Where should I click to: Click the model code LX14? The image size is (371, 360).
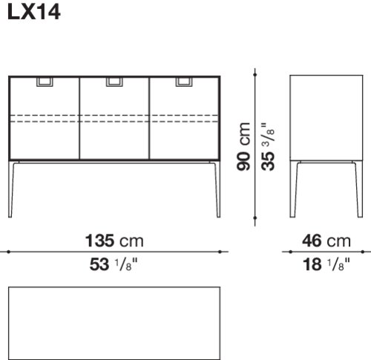[x=34, y=13]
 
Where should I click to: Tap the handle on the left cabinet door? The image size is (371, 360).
[x=45, y=82]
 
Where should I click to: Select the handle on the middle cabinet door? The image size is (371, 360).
[x=114, y=82]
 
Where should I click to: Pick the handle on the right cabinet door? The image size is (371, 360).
[x=184, y=82]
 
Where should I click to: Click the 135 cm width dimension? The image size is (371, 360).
[x=114, y=240]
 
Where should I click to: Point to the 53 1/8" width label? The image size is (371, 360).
[x=114, y=264]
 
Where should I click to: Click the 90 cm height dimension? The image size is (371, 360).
[x=243, y=146]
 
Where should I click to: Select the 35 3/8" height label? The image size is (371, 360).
[x=268, y=146]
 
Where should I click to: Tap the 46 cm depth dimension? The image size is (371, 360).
[x=326, y=240]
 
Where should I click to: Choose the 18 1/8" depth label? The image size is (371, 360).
[x=326, y=264]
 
